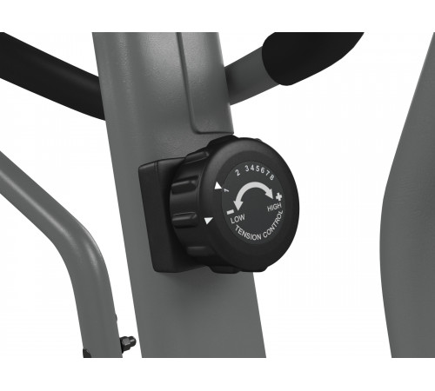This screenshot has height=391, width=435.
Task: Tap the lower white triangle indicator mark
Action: pyautogui.click(x=208, y=222)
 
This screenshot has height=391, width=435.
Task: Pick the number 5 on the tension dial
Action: pyautogui.click(x=258, y=171)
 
